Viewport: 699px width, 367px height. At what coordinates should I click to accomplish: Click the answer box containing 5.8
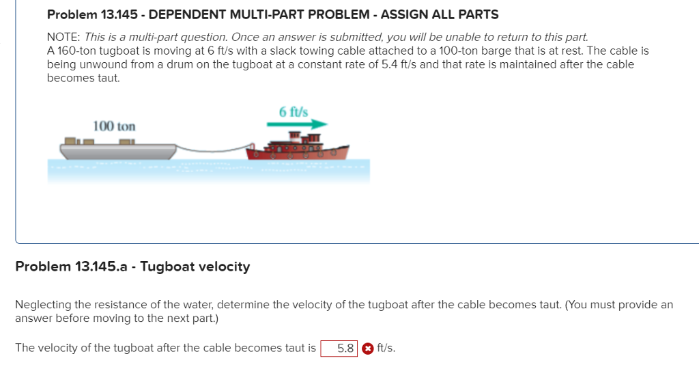tap(339, 348)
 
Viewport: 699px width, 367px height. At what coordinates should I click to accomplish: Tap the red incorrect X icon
tap(367, 348)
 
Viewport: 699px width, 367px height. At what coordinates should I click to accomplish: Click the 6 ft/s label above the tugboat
tap(294, 111)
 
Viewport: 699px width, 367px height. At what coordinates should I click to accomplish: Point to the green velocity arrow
tap(297, 124)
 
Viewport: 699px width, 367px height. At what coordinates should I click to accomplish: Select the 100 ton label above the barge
tap(114, 126)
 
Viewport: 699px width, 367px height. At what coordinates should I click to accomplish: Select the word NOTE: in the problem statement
tap(63, 38)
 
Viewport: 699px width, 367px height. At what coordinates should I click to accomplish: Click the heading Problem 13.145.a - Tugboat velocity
tap(132, 267)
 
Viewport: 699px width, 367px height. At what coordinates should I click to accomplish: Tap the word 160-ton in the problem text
tap(80, 51)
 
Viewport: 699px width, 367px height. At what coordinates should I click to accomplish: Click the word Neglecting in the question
tap(44, 305)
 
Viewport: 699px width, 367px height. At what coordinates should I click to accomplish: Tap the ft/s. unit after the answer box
tap(386, 348)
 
